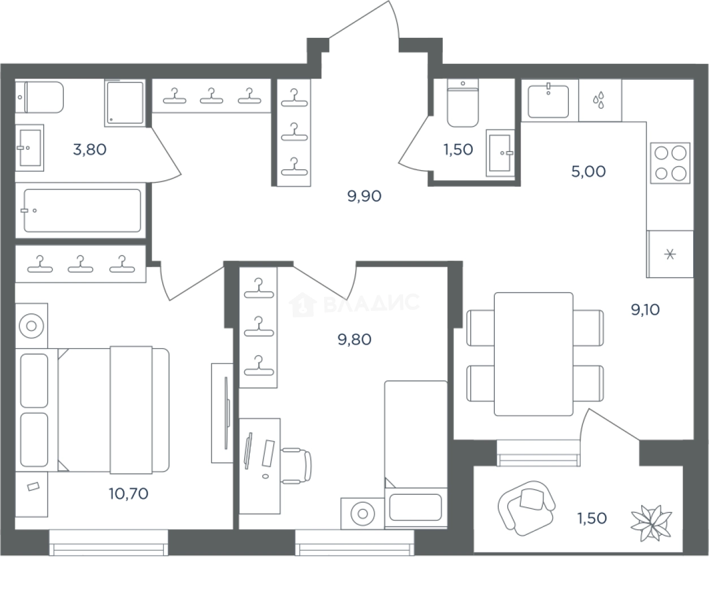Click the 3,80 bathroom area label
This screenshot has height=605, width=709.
[90, 150]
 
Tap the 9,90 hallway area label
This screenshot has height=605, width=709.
[364, 197]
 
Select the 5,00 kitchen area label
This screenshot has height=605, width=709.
[589, 171]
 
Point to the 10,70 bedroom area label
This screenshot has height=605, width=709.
[129, 494]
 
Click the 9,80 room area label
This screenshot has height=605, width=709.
[354, 340]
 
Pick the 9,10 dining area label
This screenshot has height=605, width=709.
[645, 310]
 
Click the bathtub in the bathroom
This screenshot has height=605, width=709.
[83, 210]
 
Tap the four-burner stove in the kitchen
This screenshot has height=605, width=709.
[670, 163]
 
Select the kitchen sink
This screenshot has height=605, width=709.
[548, 102]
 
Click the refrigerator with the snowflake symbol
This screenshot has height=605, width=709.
[670, 254]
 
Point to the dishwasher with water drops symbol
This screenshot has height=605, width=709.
[600, 100]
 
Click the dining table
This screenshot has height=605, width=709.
[533, 355]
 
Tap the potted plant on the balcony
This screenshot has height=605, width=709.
[651, 524]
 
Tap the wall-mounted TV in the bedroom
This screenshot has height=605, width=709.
[226, 413]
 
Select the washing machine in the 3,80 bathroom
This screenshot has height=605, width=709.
[124, 103]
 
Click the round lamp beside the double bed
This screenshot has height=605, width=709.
[32, 326]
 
